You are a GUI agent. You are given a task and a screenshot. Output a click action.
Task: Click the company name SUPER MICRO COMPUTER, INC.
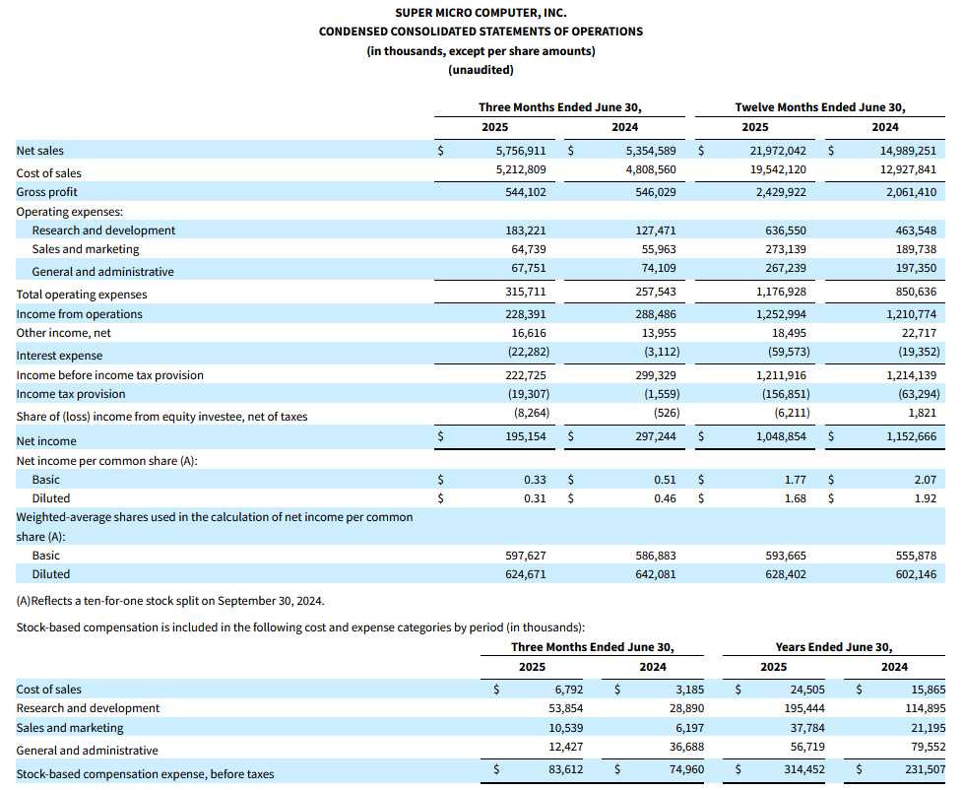481,13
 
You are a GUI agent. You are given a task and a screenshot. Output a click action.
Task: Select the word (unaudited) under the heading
481,70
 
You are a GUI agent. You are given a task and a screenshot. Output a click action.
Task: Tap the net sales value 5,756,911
521,151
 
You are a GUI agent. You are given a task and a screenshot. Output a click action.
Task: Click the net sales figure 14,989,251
908,151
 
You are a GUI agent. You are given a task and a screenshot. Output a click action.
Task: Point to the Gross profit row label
46,192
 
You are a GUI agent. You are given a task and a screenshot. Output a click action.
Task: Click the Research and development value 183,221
526,230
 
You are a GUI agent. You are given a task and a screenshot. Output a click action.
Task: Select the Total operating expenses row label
82,295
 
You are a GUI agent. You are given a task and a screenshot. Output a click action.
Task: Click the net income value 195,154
526,436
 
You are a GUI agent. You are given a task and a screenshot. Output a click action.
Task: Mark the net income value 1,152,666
912,436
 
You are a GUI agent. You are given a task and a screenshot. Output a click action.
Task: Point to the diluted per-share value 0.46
665,498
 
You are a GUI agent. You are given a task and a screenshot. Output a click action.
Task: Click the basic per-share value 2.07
926,480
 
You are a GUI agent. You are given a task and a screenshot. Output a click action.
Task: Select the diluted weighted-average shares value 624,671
526,574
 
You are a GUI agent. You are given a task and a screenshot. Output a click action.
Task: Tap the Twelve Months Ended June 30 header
820,107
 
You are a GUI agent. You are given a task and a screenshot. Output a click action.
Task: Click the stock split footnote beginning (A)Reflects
170,601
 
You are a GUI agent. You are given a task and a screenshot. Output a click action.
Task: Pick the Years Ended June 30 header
834,647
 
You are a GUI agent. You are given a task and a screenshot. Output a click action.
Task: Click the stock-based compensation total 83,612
566,769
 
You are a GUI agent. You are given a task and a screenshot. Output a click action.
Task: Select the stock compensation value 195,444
804,708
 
